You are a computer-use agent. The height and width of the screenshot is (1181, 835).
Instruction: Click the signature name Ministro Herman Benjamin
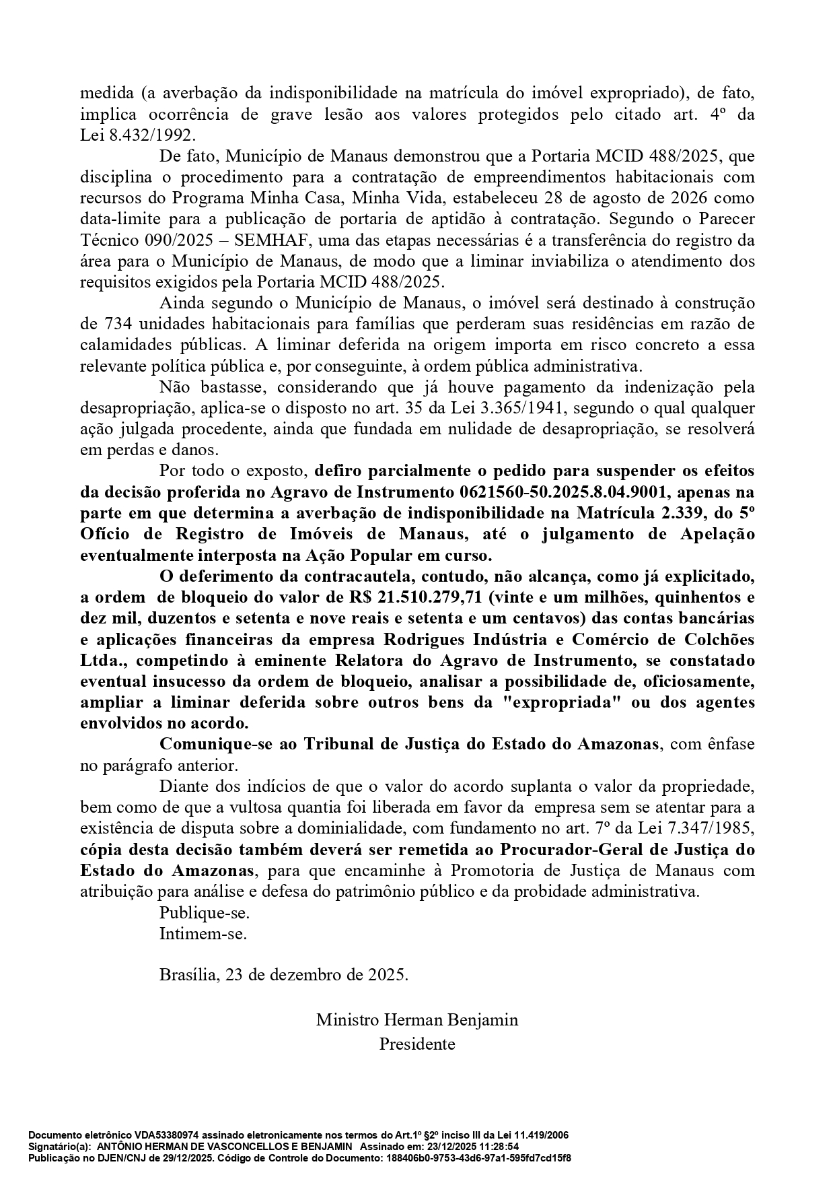click(x=417, y=1019)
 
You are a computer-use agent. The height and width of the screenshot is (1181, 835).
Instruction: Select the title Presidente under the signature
click(x=417, y=1044)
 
